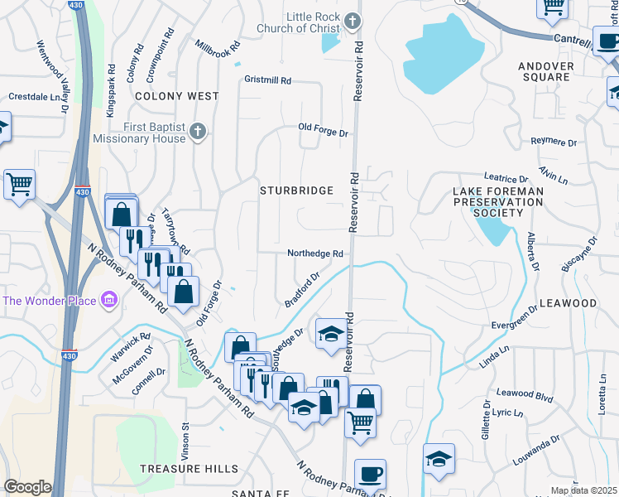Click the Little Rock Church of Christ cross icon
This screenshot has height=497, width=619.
pos(353,19)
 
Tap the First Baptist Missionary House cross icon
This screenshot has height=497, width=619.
pos(197,131)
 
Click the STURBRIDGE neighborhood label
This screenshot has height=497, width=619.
pos(296,191)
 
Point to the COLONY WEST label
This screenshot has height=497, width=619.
pos(177,96)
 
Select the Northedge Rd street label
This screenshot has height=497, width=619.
pos(314,253)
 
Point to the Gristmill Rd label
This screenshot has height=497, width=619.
pos(267,80)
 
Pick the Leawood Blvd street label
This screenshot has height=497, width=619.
pos(525,396)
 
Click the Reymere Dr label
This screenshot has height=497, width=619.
pos(554,142)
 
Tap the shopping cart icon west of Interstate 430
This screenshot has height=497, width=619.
pos(19,184)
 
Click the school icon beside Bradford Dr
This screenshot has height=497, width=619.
pos(331,333)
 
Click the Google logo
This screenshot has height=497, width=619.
pos(27,487)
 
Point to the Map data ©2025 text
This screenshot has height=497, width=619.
pos(583,490)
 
